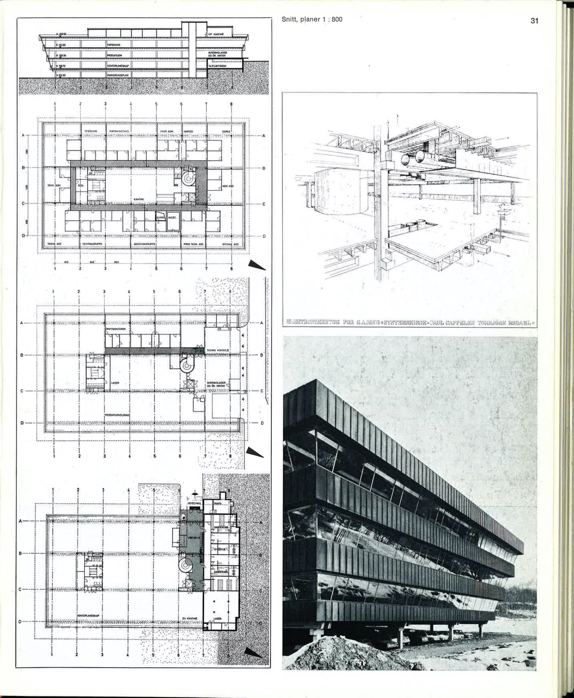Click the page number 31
pyautogui.click(x=534, y=21)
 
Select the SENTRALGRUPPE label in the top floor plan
pyautogui.click(x=92, y=244)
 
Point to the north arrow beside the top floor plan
pyautogui.click(x=257, y=265)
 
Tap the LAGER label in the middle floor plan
pyautogui.click(x=115, y=383)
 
